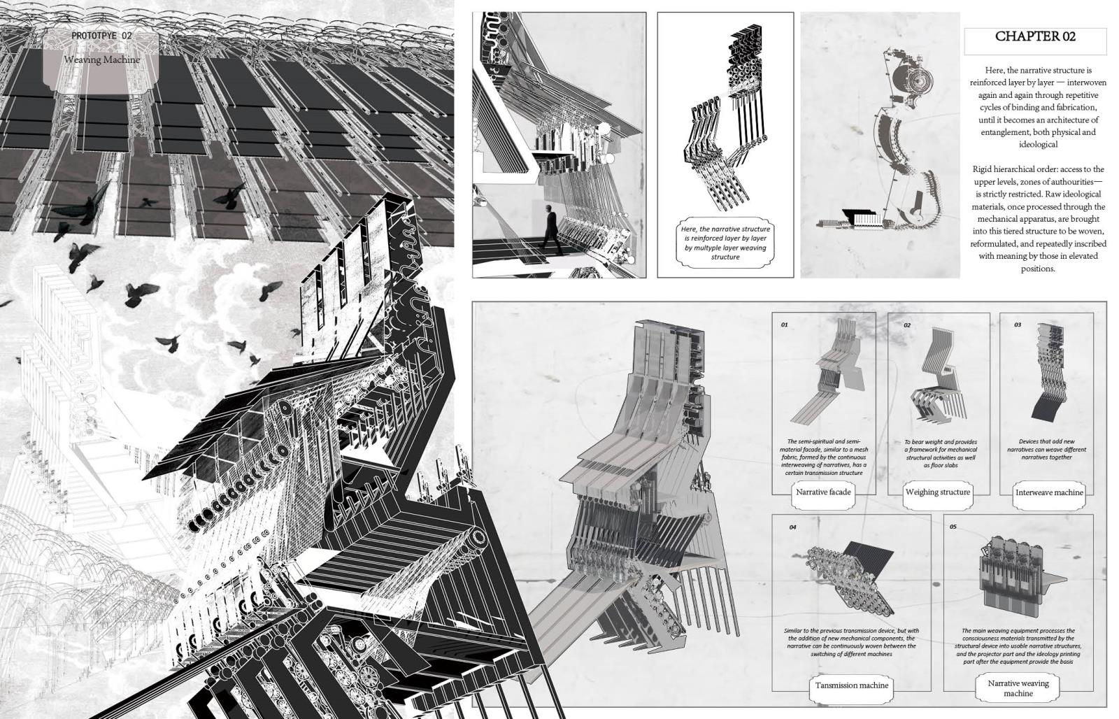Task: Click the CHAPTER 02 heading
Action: pos(1035,37)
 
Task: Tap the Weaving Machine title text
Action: pos(102,60)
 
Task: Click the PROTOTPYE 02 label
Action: pos(101,35)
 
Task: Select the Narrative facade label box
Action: pos(823,492)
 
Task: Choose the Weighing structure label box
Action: pos(937,492)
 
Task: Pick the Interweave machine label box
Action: pos(1048,492)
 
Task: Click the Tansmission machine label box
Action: pos(851,685)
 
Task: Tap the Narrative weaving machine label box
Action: pos(1018,688)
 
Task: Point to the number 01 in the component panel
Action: pos(784,325)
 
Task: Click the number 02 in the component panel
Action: pos(906,325)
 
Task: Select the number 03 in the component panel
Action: pos(1018,325)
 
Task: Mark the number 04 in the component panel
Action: pos(792,527)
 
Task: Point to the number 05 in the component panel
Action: pos(953,527)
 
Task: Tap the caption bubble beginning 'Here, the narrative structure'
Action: pos(725,243)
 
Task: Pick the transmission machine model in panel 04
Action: pos(843,570)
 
